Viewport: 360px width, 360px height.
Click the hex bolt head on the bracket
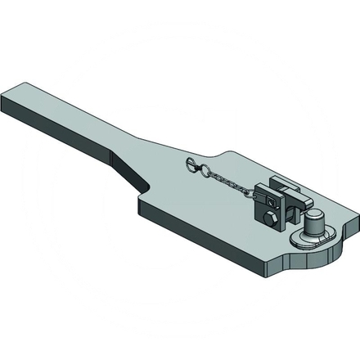270,220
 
